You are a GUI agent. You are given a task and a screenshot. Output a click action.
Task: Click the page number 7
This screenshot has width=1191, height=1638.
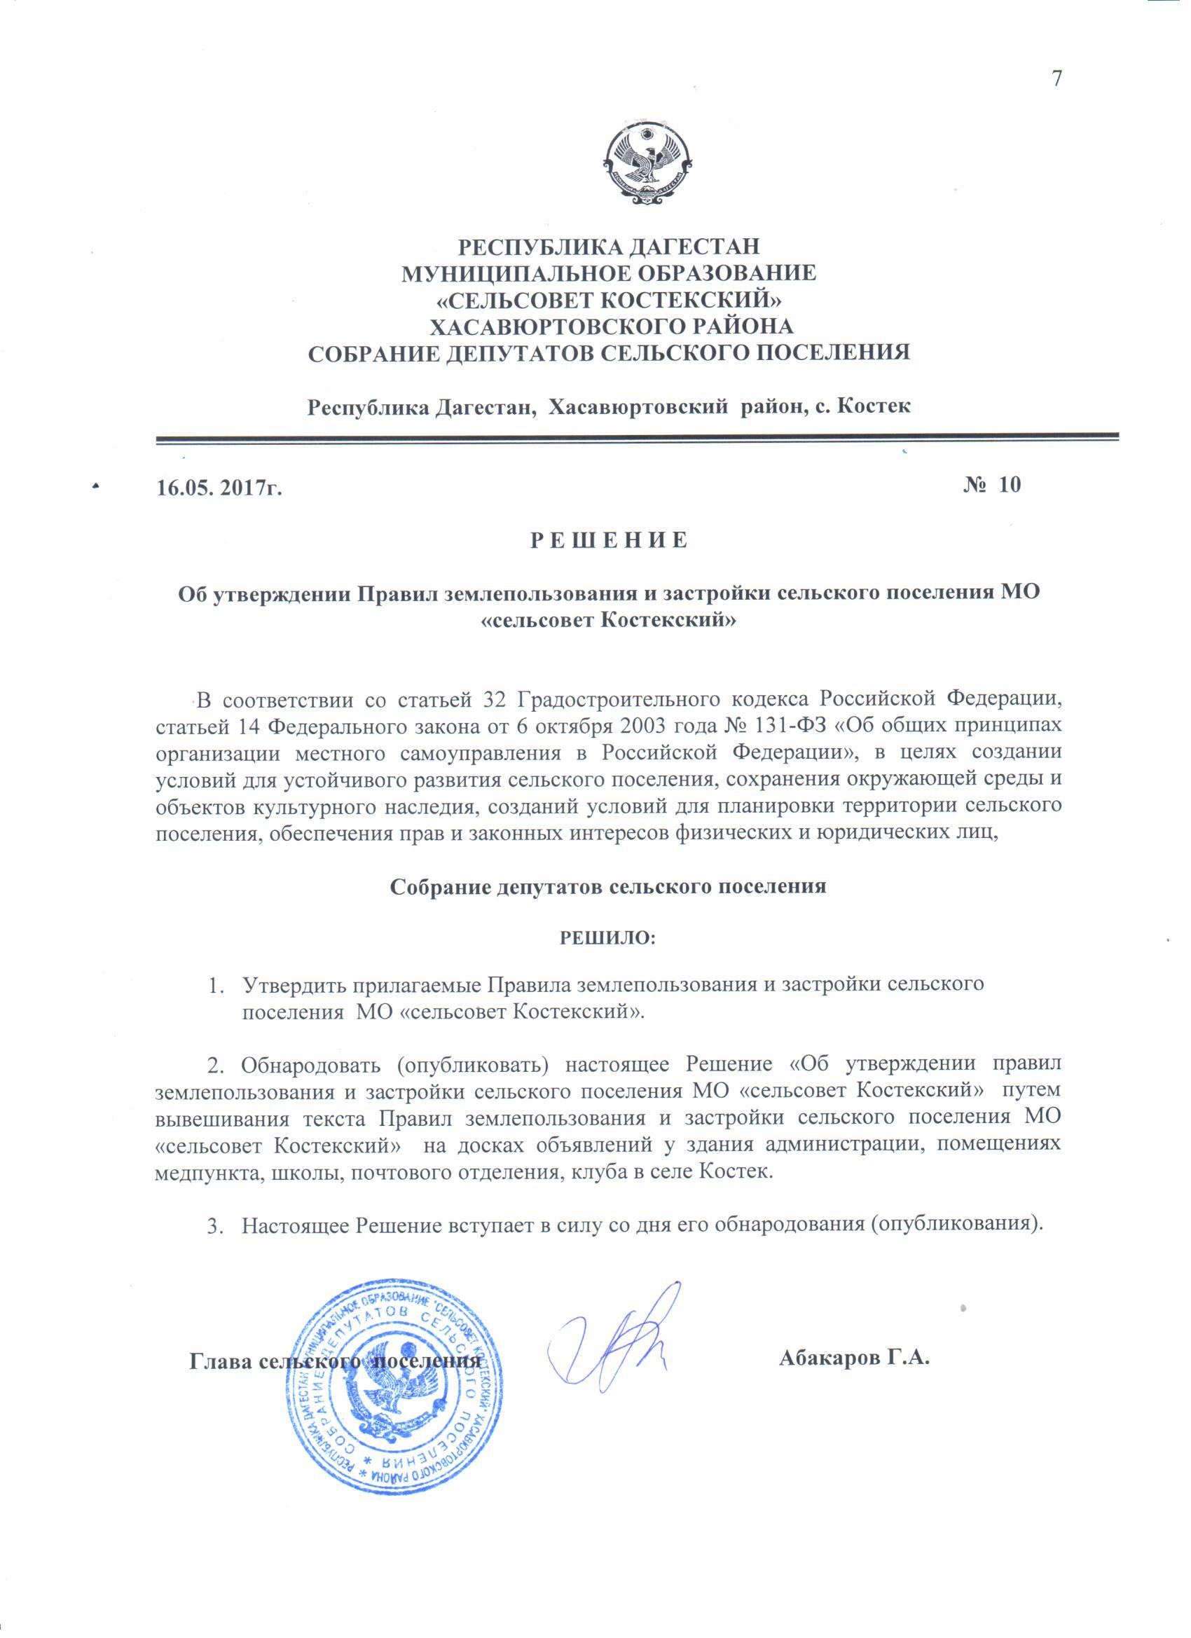[x=1056, y=78]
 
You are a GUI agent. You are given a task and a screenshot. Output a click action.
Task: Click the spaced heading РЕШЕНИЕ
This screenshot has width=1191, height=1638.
[x=610, y=541]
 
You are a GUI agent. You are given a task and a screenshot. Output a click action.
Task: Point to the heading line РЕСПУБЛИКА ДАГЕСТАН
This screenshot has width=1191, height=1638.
[x=610, y=247]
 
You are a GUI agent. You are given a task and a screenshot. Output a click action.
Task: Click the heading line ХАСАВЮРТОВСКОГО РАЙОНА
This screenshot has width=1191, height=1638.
[x=611, y=326]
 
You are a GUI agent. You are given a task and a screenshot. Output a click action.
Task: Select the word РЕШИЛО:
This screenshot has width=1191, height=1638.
[x=608, y=939]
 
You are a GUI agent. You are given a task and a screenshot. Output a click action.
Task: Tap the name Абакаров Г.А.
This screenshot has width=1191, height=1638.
[x=853, y=1358]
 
